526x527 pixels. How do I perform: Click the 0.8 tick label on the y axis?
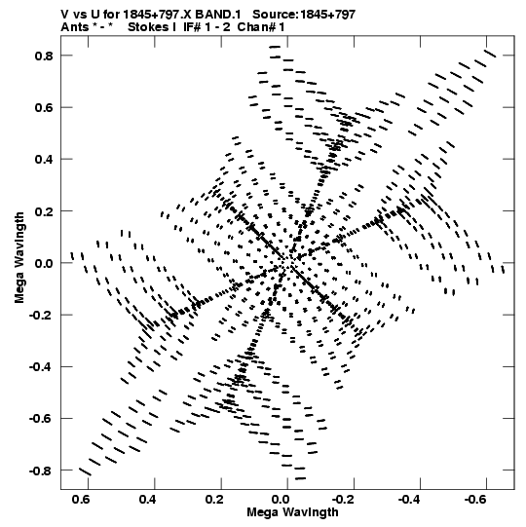[44, 56]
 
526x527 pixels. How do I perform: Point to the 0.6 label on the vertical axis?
[44, 107]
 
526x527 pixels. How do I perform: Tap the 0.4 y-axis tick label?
[44, 160]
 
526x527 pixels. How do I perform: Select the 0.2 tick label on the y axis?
[44, 211]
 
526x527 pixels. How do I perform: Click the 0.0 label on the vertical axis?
[44, 263]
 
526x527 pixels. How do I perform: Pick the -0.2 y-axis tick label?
[41, 316]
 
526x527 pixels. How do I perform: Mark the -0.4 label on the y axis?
[41, 367]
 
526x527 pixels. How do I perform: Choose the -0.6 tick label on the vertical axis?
[41, 419]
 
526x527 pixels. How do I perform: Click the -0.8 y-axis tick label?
[41, 471]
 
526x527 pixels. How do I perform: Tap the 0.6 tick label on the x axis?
[81, 500]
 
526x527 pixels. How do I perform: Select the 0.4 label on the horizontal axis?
[147, 500]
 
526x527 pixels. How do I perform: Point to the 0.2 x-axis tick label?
[214, 500]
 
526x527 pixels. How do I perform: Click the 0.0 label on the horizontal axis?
[281, 500]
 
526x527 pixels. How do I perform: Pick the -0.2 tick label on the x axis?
[344, 500]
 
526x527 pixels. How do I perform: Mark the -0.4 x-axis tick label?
[411, 500]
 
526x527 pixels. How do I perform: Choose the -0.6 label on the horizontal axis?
[477, 500]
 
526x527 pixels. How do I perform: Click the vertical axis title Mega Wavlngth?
[19, 258]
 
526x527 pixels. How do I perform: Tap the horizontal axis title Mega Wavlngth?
[293, 512]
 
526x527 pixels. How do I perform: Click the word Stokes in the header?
[148, 27]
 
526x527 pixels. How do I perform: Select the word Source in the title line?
[275, 15]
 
